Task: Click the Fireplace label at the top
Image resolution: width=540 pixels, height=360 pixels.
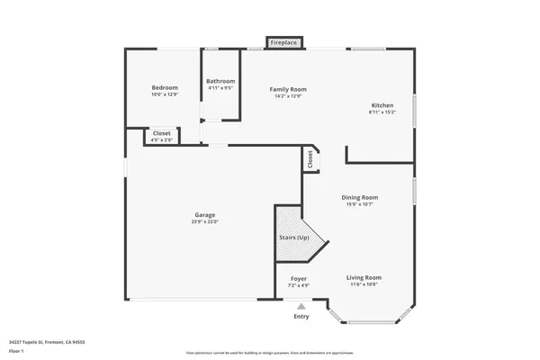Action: coord(284,41)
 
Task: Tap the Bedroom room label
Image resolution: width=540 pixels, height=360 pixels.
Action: coord(163,87)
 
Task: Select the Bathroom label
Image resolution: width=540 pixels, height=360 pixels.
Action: coord(220,80)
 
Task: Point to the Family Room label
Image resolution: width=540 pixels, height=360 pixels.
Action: coord(289,89)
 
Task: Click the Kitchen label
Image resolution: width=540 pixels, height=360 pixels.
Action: coord(382,105)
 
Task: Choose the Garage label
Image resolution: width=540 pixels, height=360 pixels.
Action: coord(204,214)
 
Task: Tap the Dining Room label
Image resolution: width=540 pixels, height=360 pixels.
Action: coord(359,197)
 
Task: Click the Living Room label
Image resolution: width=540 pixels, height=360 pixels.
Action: coord(364,277)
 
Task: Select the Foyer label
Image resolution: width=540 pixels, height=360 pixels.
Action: coord(298,278)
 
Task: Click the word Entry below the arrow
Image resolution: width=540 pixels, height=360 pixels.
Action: coord(301,316)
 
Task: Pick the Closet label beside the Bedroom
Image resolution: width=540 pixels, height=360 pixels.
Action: coord(162,133)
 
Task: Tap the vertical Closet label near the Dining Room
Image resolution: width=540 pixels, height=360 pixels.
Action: coord(310,158)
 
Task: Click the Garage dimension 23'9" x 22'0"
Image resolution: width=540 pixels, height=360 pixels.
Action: coord(204,221)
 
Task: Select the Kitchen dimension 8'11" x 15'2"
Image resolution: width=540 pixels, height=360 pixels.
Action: coord(382,112)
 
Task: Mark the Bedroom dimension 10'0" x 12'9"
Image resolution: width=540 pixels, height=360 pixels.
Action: coord(163,94)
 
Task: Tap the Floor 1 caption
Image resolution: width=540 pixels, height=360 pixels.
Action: coord(16,351)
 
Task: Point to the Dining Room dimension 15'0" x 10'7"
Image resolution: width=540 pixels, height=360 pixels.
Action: coord(359,204)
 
